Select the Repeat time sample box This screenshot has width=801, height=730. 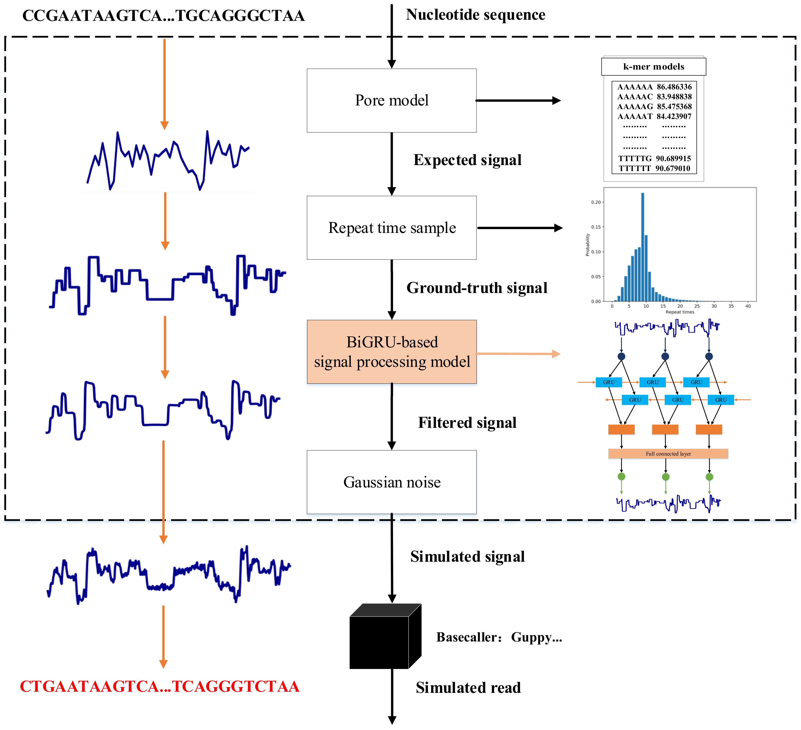(x=391, y=228)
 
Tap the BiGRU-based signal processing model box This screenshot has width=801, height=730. (x=391, y=352)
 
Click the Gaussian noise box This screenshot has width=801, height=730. (x=391, y=482)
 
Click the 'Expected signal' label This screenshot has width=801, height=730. (x=467, y=160)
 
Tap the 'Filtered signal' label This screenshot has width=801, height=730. (x=467, y=423)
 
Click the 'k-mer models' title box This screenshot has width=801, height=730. (x=653, y=66)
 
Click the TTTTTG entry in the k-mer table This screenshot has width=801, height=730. (x=634, y=158)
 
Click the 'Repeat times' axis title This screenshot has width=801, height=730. (x=680, y=312)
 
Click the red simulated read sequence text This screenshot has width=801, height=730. (x=160, y=687)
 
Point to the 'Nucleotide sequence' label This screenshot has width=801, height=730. (x=475, y=15)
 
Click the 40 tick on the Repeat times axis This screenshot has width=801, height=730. (x=748, y=306)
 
